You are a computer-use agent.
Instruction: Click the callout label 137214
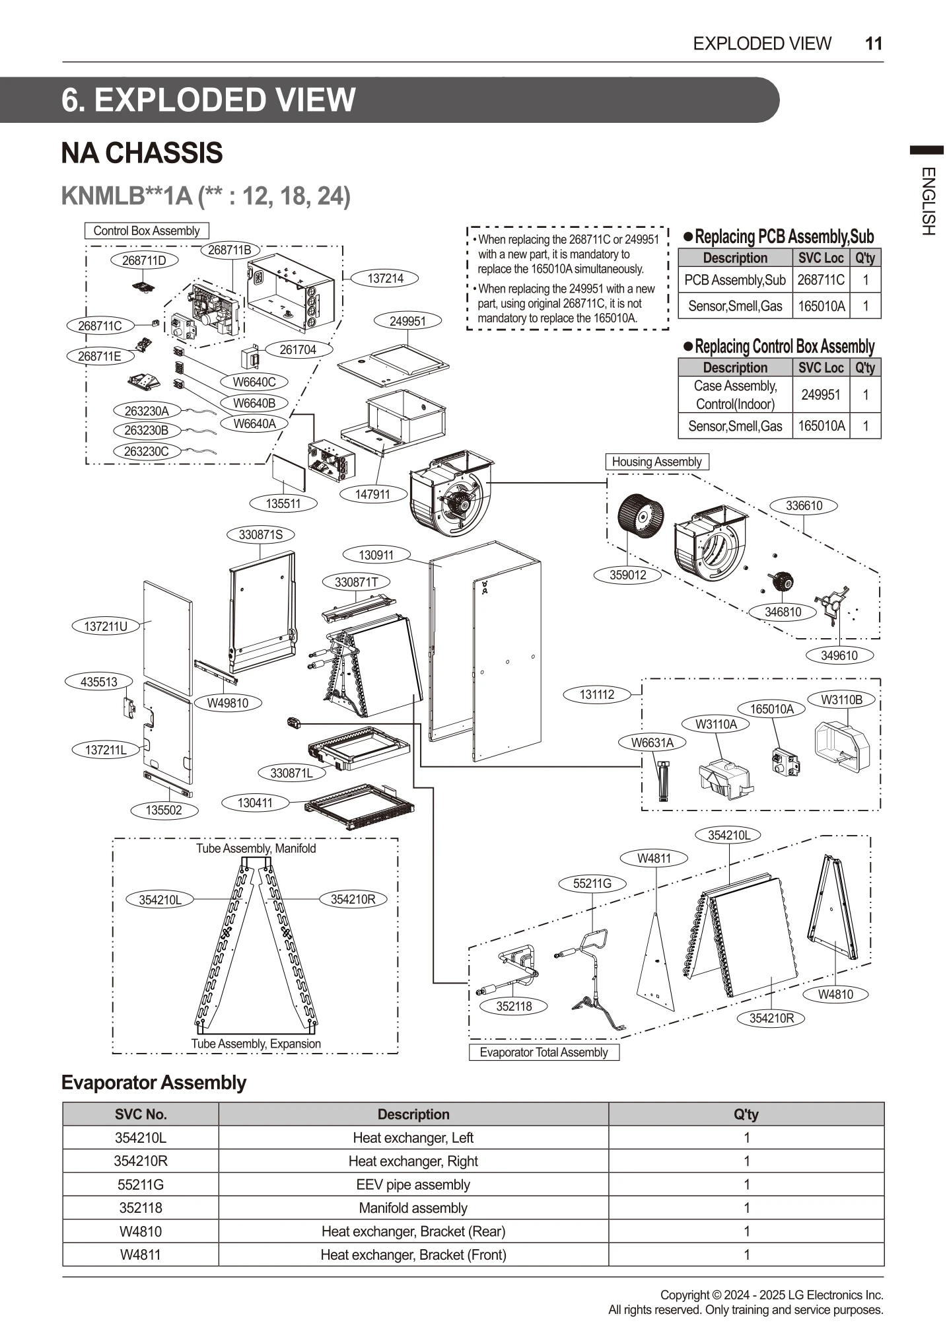(385, 278)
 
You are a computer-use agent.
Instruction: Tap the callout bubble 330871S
(260, 534)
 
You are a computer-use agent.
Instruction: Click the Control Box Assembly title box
(146, 231)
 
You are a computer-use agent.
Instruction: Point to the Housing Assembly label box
(656, 462)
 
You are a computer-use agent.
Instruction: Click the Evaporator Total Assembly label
(544, 1052)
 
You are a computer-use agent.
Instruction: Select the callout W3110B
(841, 700)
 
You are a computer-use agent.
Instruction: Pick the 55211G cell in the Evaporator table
(140, 1184)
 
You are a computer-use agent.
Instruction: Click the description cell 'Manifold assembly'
(413, 1208)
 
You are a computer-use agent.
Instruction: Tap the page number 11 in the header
(873, 44)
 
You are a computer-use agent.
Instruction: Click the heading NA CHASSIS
(142, 153)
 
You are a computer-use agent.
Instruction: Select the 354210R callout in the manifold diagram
(353, 899)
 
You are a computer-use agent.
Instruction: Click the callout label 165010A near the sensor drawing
(772, 709)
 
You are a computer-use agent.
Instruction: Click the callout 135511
(283, 503)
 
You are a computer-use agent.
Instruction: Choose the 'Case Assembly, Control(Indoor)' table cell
(734, 394)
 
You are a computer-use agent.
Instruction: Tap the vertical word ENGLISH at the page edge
(927, 201)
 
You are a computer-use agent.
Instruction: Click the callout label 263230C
(146, 451)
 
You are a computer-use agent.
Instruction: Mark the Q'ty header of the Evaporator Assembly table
(746, 1114)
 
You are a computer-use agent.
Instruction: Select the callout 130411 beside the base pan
(254, 803)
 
